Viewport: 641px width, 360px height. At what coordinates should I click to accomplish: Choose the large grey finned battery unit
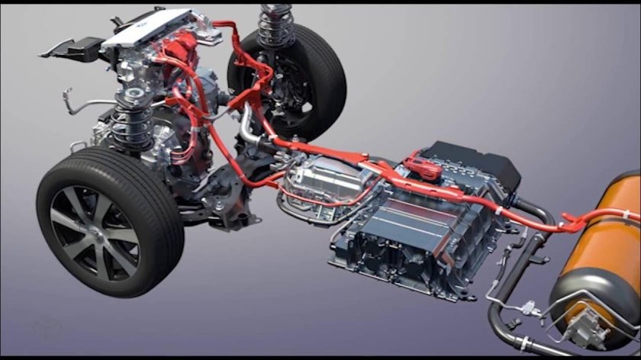click(x=412, y=229)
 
